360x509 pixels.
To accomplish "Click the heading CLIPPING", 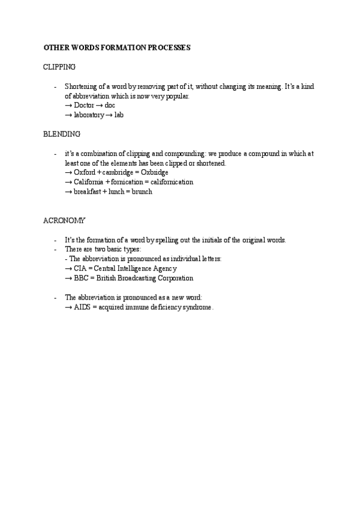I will point(59,67).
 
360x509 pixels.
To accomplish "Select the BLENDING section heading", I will point(62,134).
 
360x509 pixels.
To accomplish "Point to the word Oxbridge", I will point(154,172).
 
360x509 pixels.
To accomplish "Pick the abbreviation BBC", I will point(81,278).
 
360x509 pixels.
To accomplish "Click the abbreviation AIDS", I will point(82,307).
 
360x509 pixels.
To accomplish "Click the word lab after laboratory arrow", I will point(118,115).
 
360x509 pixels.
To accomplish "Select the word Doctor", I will point(84,105).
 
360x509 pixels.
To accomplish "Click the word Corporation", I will point(173,278).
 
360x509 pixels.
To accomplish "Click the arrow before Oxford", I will point(68,172).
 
